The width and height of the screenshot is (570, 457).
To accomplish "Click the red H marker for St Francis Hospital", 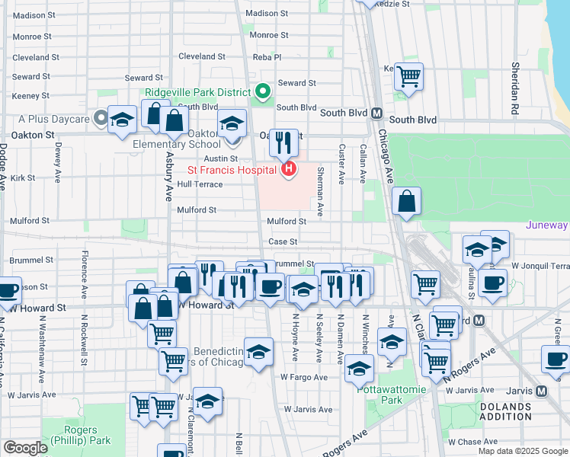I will pos(288,168).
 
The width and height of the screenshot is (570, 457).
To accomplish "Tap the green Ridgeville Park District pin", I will pos(263,92).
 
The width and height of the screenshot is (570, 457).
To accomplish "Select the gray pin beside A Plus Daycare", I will pos(101,119).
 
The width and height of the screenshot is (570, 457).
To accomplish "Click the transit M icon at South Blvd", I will pos(376,113).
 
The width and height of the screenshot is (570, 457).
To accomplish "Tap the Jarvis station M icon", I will pos(541,391).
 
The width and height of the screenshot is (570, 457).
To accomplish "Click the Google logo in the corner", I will pos(25,448).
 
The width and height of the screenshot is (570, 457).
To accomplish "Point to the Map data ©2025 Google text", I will pos(523,451).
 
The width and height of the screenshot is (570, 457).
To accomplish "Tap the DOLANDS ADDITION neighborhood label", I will pos(505,411).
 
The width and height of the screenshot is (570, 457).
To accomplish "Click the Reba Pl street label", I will pos(267,57).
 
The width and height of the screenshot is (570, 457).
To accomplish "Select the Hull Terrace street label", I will pos(200,184).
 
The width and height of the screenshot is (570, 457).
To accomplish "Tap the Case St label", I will pos(282,241).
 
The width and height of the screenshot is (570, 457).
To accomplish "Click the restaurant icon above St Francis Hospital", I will pos(283,142).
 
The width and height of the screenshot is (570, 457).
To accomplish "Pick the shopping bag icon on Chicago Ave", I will pos(408,202).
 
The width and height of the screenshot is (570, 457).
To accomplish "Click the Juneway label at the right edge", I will pos(547,225).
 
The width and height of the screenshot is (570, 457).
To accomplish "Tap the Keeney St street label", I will pos(30,96).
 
